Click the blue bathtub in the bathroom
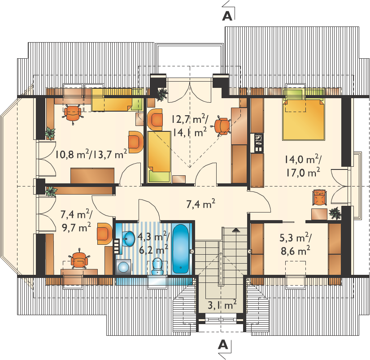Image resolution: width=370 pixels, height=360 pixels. pos(181,249)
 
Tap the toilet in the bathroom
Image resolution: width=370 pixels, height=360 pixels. pos(157,267)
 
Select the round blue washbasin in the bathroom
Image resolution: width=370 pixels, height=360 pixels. pos(128,239)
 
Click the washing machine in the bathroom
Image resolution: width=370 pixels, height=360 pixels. pos(124,267)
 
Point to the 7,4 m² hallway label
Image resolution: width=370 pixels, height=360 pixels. pos(201,204)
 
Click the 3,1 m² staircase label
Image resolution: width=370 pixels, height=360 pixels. pos(222,305)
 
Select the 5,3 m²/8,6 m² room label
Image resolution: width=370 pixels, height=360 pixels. pos(296,244)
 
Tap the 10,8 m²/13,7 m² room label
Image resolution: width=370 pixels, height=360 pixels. pos(91,154)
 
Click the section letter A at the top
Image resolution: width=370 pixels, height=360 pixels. pos(227,16)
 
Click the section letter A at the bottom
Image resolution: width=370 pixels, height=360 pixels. pos(223,345)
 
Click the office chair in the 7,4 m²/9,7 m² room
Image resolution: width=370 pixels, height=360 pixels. pos(79,260)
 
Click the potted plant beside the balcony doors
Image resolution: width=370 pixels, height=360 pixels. pos(162,94)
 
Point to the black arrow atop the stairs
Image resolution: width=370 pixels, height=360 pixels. pos(235,230)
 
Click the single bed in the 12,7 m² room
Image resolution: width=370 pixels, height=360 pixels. pos(159,157)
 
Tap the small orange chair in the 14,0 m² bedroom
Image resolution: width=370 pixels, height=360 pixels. pos(319,197)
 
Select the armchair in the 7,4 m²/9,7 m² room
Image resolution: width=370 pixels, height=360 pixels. pos(104,233)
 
